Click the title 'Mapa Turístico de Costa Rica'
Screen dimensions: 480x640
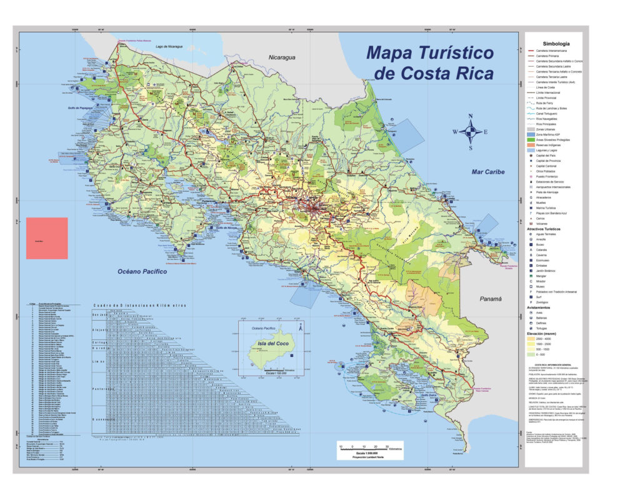tap(430, 62)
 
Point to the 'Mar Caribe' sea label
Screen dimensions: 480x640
tap(488, 171)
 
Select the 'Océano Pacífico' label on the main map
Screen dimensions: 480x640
tap(142, 271)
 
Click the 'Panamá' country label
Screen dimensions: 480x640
tap(491, 299)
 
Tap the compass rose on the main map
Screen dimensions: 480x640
tap(472, 132)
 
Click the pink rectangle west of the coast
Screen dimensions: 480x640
tap(47, 238)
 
